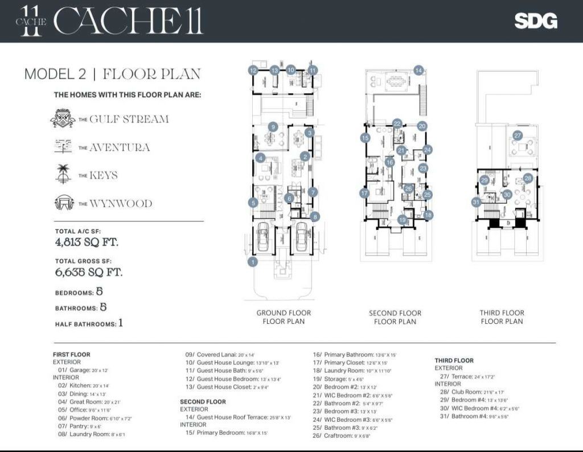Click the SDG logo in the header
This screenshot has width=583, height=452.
536,21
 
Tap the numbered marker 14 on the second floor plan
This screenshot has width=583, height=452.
418,71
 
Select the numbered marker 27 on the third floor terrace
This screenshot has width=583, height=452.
518,136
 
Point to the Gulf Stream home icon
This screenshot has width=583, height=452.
62,119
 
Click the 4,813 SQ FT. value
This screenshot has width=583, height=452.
89,243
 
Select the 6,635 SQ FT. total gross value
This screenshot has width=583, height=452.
89,272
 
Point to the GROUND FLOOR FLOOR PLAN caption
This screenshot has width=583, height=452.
284,317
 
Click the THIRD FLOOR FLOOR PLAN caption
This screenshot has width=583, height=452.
502,317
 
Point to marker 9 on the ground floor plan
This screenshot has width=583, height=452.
273,127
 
